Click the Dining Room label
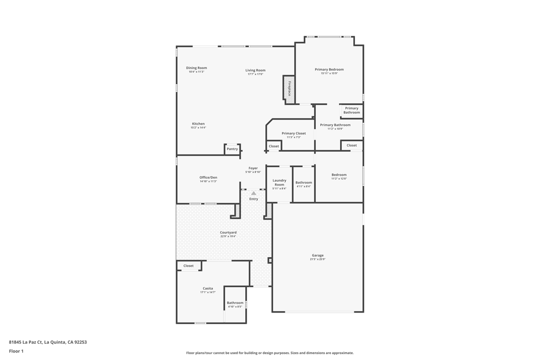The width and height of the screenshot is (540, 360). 196,68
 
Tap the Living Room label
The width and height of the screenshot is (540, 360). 255,70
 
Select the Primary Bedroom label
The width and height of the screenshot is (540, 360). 329,70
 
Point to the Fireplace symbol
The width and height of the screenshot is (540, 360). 289,88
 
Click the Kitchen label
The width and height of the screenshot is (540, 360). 198,124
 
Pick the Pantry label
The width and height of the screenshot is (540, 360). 232,149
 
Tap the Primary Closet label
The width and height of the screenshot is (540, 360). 294,133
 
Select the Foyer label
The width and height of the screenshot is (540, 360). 253,168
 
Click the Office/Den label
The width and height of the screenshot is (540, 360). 208,178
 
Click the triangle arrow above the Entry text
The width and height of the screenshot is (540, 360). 254,193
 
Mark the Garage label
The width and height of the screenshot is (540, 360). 317,255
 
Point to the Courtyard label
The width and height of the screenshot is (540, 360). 228,232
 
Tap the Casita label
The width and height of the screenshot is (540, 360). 208,288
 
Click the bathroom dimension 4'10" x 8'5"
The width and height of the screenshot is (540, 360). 235,307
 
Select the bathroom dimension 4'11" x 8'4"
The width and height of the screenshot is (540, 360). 303,186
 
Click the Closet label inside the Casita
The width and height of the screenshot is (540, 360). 188,266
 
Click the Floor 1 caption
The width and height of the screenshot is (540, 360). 16,351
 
